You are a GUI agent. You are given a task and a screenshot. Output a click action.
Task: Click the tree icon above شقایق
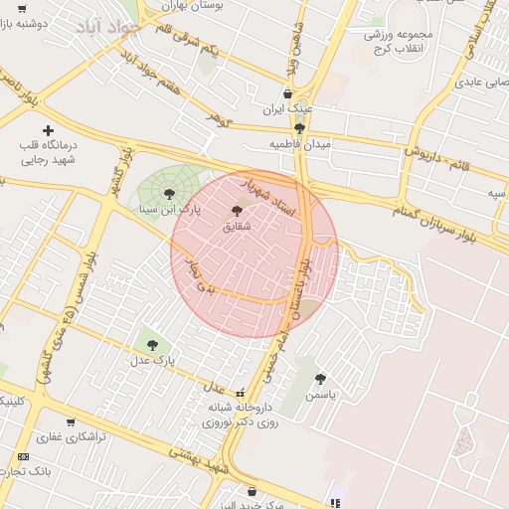pyautogui.click(x=236, y=211)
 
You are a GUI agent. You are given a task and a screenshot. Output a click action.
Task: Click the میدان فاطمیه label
pyautogui.click(x=299, y=143)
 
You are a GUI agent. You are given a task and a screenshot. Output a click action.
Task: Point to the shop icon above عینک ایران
pyautogui.click(x=289, y=93)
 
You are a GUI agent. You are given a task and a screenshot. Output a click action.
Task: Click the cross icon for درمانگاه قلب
pyautogui.click(x=48, y=130)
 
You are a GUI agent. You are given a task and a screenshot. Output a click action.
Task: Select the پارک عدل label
pyautogui.click(x=156, y=360)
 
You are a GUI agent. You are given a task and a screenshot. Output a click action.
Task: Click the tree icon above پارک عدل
pyautogui.click(x=151, y=345)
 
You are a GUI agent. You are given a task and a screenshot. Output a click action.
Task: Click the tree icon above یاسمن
pyautogui.click(x=319, y=379)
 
